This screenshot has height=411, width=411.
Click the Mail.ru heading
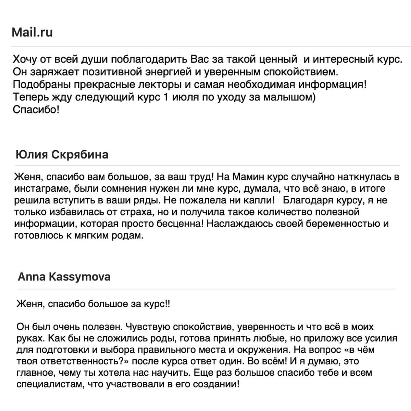pos(32,33)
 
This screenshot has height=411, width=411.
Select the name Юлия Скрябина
pos(62,154)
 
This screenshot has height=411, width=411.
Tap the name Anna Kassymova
pos(64,277)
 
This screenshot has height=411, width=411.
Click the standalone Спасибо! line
pos(36,110)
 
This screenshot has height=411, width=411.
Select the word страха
pos(134,212)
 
